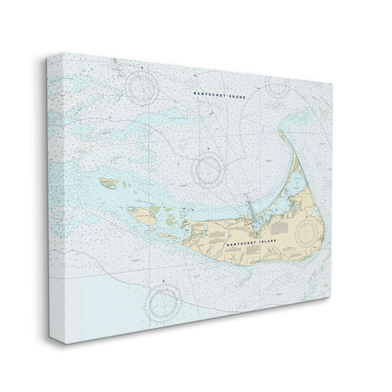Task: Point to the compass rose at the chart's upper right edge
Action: click(x=278, y=85)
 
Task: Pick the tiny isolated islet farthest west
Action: click(x=108, y=182)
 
